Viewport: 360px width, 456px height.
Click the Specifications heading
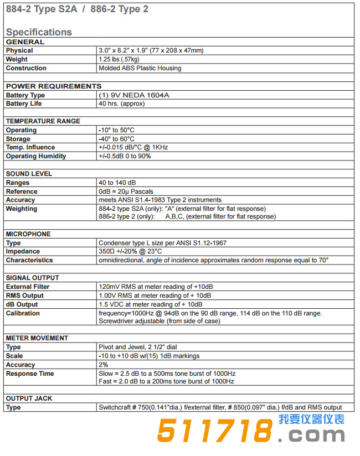tap(39, 32)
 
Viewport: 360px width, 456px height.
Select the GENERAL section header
tap(24, 42)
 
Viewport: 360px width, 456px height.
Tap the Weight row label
tap(17, 59)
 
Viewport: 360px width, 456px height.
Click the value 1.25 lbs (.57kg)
tap(119, 59)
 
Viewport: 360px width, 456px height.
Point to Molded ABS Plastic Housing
tap(140, 68)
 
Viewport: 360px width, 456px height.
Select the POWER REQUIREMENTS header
tap(54, 86)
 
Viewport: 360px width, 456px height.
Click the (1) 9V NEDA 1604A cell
tap(133, 95)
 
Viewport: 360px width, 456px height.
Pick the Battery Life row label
tap(24, 103)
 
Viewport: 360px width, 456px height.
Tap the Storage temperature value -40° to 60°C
tap(116, 139)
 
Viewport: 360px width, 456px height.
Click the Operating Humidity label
tap(36, 156)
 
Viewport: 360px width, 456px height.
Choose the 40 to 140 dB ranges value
tap(117, 183)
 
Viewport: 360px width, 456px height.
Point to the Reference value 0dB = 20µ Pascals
tap(126, 191)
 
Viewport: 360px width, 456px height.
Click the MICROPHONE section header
tap(28, 234)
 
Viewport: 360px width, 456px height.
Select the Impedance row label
tap(23, 251)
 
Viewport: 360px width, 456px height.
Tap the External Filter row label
tap(28, 287)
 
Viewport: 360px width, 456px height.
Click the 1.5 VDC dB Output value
tap(150, 304)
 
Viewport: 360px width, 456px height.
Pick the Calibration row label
tap(23, 313)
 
